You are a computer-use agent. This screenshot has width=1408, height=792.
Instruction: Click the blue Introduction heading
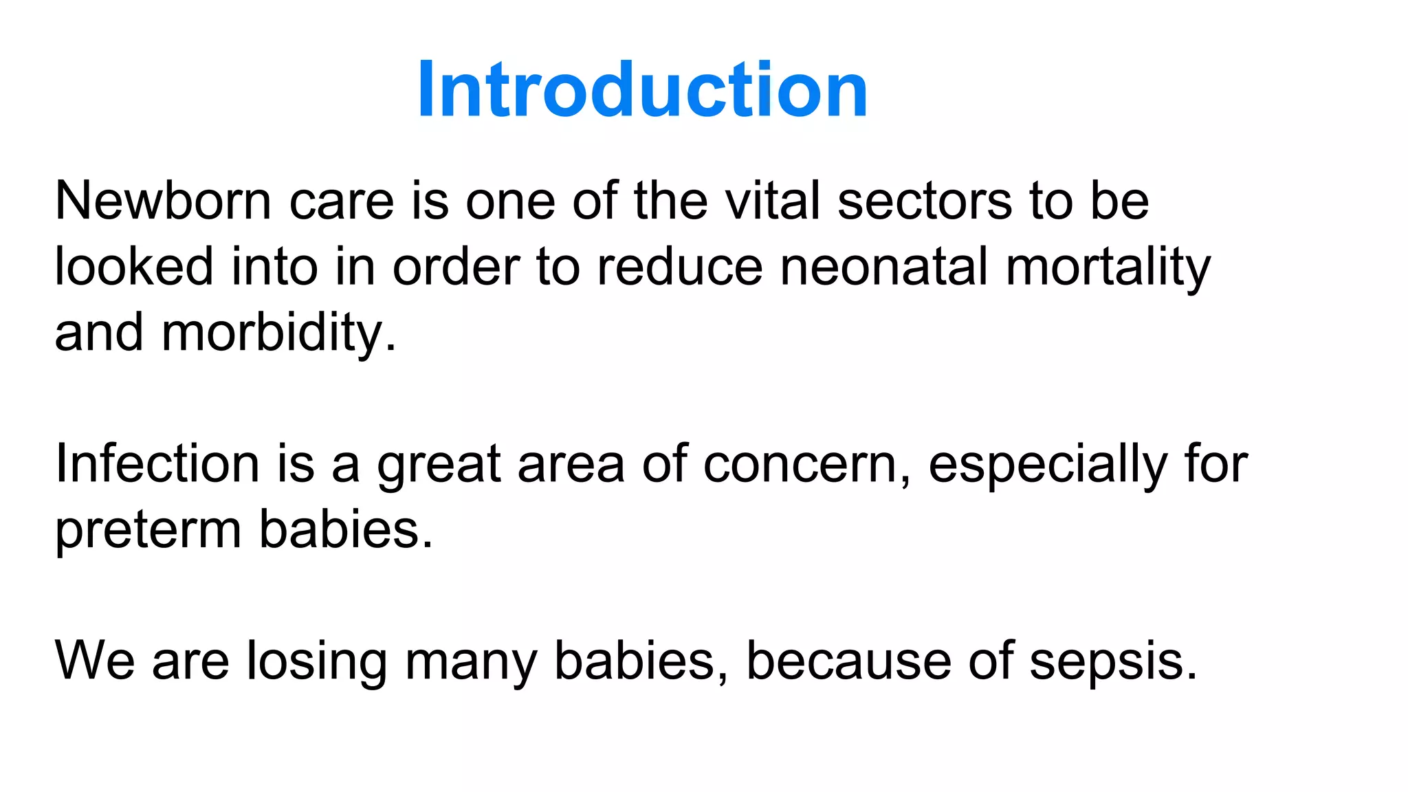[643, 90]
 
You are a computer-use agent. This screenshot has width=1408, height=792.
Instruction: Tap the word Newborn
[163, 201]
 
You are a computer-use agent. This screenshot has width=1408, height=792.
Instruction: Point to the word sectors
[925, 201]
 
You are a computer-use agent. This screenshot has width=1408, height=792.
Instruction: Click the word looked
[134, 267]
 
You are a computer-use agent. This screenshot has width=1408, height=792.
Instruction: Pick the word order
[456, 267]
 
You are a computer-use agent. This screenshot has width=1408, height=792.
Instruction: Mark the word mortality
[1108, 267]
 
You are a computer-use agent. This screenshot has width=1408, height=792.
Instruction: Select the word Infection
[157, 464]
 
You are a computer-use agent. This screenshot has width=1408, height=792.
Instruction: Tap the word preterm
[148, 530]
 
